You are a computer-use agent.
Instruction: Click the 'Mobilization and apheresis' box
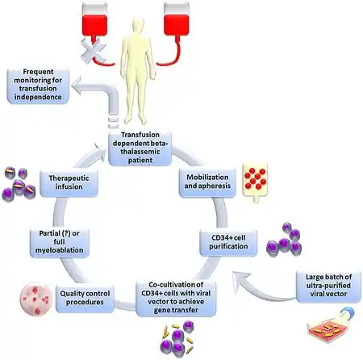click(x=207, y=182)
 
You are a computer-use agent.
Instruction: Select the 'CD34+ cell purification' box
click(x=228, y=242)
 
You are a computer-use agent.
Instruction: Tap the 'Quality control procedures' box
click(x=85, y=299)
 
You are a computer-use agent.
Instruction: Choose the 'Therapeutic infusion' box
click(x=69, y=182)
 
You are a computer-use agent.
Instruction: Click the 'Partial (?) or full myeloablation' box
click(x=59, y=242)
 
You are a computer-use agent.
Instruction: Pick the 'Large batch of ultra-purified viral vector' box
click(x=328, y=286)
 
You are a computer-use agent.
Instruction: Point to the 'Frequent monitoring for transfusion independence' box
click(x=38, y=85)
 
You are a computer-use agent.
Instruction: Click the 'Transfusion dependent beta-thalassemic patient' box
click(x=140, y=148)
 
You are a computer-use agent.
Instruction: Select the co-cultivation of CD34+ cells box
click(x=176, y=298)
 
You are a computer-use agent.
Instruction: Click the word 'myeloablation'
click(x=59, y=250)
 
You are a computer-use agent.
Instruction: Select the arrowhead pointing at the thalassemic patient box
click(x=100, y=149)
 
